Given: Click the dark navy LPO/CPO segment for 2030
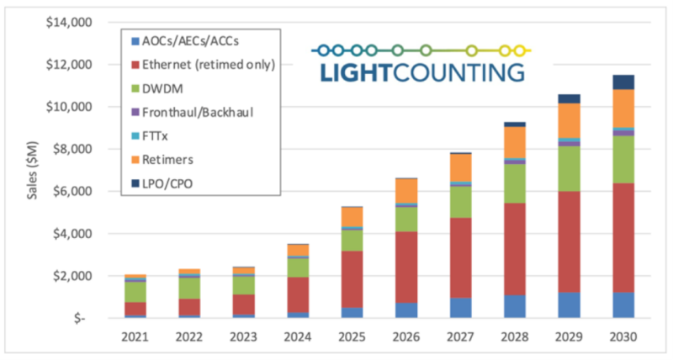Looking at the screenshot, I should pos(623,82).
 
